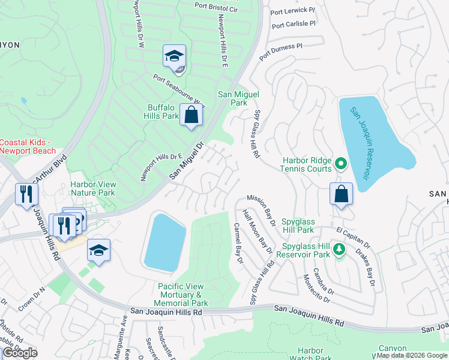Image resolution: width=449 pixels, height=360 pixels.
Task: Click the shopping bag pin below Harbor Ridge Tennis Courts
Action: [341, 194]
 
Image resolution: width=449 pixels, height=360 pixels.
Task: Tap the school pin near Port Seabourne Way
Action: [174, 57]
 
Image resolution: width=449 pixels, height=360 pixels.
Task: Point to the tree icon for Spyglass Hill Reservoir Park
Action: [340, 248]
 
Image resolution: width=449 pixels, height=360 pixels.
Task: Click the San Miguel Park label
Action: [232, 98]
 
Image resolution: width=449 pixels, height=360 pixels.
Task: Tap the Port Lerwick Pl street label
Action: [292, 11]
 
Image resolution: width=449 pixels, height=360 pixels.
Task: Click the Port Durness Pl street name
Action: [281, 51]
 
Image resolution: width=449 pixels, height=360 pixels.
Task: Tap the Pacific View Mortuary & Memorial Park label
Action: [183, 295]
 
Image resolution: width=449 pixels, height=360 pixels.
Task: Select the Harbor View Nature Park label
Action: [92, 188]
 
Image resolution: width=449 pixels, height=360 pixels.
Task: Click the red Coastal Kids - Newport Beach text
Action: [25, 146]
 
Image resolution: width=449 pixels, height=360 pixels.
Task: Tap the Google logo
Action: [20, 353]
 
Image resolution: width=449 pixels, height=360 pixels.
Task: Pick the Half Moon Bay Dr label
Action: [258, 232]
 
